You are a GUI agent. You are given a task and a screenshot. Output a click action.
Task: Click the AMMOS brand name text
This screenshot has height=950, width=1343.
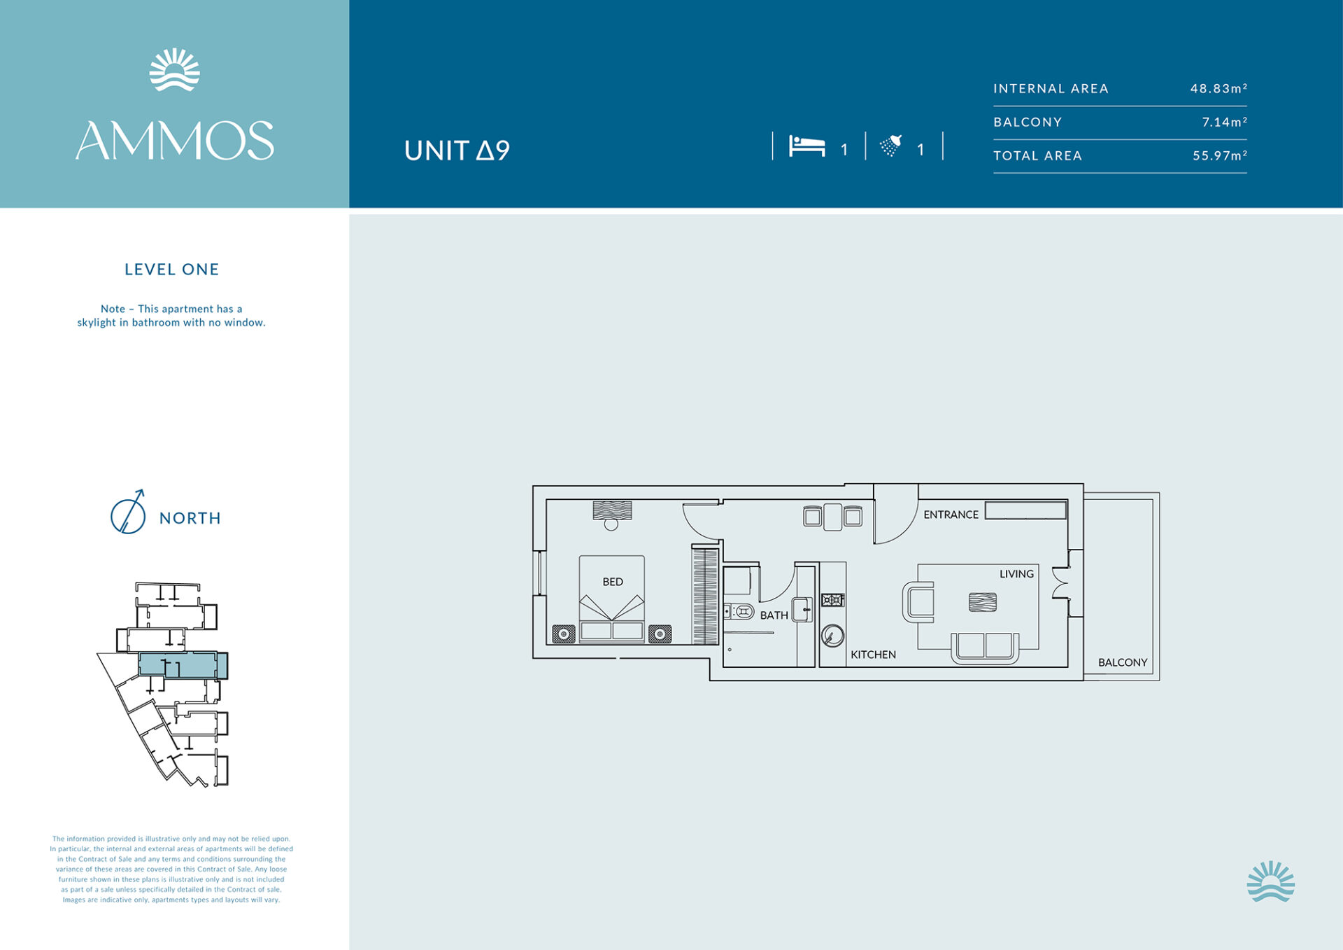pos(175,141)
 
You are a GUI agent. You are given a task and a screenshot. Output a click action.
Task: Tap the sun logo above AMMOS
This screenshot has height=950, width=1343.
pos(175,69)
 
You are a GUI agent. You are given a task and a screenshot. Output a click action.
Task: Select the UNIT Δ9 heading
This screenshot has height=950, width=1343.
pos(457,151)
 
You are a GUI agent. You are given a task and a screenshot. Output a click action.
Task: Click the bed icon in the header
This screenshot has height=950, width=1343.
pos(807,146)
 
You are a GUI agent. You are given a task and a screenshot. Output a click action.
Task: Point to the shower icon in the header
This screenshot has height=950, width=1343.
pos(891,145)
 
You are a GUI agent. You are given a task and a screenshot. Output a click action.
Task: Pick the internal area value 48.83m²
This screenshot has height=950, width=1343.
pos(1218,88)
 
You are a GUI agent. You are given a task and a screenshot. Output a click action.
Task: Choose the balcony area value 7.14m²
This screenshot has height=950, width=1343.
pos(1224,122)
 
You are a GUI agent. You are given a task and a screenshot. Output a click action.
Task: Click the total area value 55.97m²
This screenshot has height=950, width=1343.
pos(1220,155)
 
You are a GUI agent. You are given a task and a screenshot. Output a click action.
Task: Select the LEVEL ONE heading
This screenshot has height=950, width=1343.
pos(172,270)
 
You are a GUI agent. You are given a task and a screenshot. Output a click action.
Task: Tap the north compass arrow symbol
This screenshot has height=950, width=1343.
pos(129,512)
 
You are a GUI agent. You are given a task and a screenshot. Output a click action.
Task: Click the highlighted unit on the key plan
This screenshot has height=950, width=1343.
pos(183,665)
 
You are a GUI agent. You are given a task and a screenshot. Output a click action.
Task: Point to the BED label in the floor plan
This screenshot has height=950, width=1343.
pos(613,582)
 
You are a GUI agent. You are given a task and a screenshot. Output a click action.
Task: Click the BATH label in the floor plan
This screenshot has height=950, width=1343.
pos(774,615)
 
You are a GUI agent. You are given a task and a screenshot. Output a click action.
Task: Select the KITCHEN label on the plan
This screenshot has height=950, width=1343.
pos(873,655)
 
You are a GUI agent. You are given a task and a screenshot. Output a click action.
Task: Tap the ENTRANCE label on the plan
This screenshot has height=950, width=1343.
pos(951,515)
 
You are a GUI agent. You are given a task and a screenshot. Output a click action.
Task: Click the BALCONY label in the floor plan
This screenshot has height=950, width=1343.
pos(1123,662)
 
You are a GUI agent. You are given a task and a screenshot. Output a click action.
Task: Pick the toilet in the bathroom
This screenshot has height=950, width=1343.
pos(739,613)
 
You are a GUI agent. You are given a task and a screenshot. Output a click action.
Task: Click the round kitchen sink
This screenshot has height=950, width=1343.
pos(832,636)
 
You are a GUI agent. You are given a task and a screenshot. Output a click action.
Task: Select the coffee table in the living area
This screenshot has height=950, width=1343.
pos(983,602)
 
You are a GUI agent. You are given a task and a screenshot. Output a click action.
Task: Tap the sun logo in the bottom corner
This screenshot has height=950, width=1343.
pos(1271,881)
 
